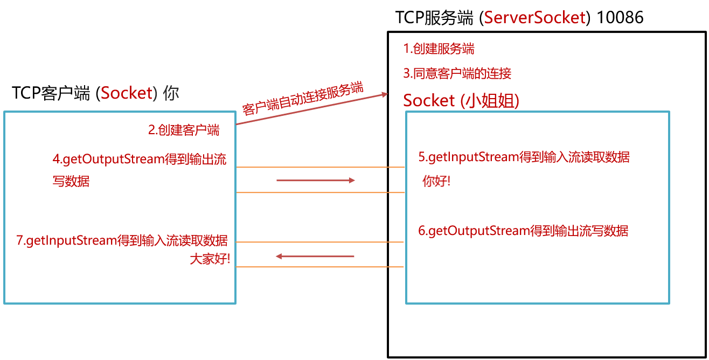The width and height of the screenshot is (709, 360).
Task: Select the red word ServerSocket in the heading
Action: pos(534,17)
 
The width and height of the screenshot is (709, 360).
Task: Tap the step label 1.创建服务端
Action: pos(439,49)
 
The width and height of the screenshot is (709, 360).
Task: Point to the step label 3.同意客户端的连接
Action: pos(457,73)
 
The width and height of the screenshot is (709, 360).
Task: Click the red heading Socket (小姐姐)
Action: pos(461,101)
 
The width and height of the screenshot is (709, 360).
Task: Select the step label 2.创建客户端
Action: pos(184,130)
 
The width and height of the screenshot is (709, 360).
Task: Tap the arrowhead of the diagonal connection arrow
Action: pos(385,95)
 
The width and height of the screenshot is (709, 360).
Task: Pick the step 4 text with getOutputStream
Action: pos(140,160)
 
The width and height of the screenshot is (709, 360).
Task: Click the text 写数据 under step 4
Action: pos(71,182)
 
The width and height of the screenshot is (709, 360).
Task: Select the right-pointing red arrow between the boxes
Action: pos(315,181)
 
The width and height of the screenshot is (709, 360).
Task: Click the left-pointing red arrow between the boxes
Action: pos(315,256)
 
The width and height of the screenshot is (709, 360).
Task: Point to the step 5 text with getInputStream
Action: pos(524,157)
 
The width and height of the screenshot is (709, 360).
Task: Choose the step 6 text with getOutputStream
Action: pos(523,231)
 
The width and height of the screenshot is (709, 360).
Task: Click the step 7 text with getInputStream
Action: pos(122,240)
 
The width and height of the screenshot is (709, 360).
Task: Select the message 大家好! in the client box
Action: pos(210,259)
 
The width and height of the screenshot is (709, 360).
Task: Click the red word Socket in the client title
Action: pos(127,93)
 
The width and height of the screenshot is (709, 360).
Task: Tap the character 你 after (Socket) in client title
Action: pos(171,93)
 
